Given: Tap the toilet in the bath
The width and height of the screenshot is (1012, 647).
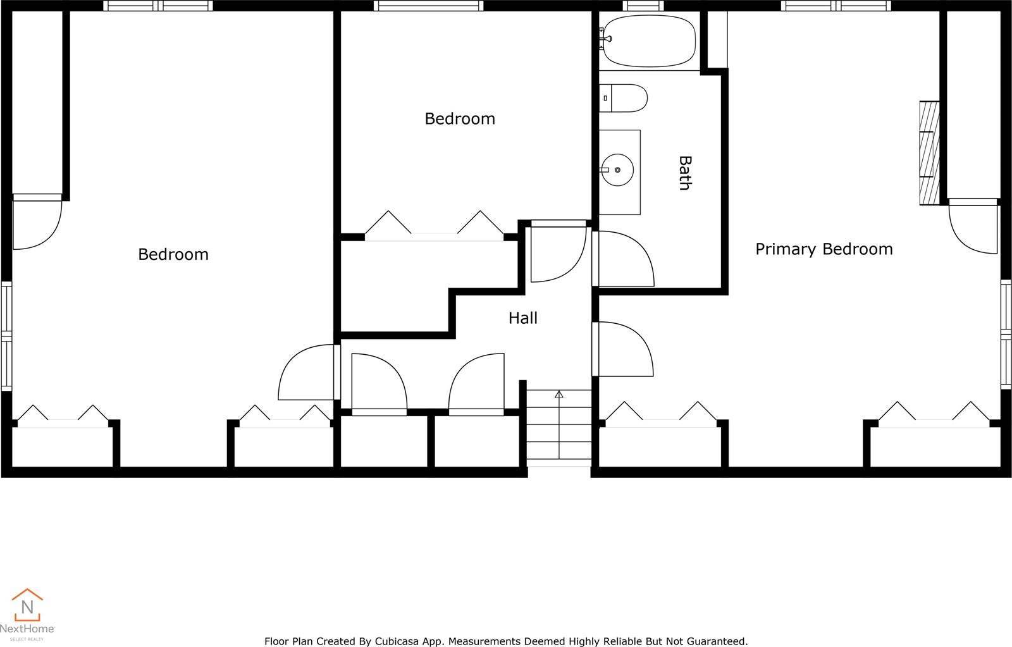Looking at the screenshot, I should [624, 99].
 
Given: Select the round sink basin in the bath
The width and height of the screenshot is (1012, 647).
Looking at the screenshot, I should [617, 169].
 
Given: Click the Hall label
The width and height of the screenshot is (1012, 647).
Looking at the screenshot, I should [522, 317].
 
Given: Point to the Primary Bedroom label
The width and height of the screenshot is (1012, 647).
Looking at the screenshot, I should [824, 249].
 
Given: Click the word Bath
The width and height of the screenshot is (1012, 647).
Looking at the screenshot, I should [684, 173].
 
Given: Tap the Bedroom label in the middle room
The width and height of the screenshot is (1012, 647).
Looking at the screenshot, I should [459, 118].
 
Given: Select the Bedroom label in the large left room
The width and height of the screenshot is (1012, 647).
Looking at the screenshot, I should [173, 254].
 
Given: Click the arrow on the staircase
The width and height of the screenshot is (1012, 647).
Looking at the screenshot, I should [558, 395].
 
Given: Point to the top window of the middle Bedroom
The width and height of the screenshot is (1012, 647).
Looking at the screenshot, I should [428, 6].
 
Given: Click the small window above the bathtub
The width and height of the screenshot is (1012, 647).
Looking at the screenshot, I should [643, 6].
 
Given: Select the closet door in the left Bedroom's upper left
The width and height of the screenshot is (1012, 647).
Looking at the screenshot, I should [37, 223].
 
